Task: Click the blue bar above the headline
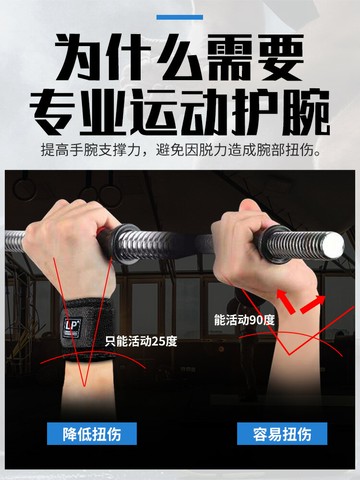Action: pyautogui.click(x=180, y=17)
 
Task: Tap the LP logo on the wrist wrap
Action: pyautogui.click(x=72, y=326)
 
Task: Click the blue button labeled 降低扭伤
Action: pyautogui.click(x=92, y=433)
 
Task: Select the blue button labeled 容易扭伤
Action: pyautogui.click(x=282, y=433)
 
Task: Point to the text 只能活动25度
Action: pyautogui.click(x=141, y=341)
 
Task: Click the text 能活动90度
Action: pyautogui.click(x=244, y=320)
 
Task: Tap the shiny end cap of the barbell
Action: pyautogui.click(x=333, y=245)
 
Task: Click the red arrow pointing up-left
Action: pyautogui.click(x=285, y=301)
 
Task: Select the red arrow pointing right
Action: pyautogui.click(x=313, y=303)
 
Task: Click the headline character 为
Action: pyautogui.click(x=79, y=57)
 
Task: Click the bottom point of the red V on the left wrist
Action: pyautogui.click(x=84, y=386)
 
